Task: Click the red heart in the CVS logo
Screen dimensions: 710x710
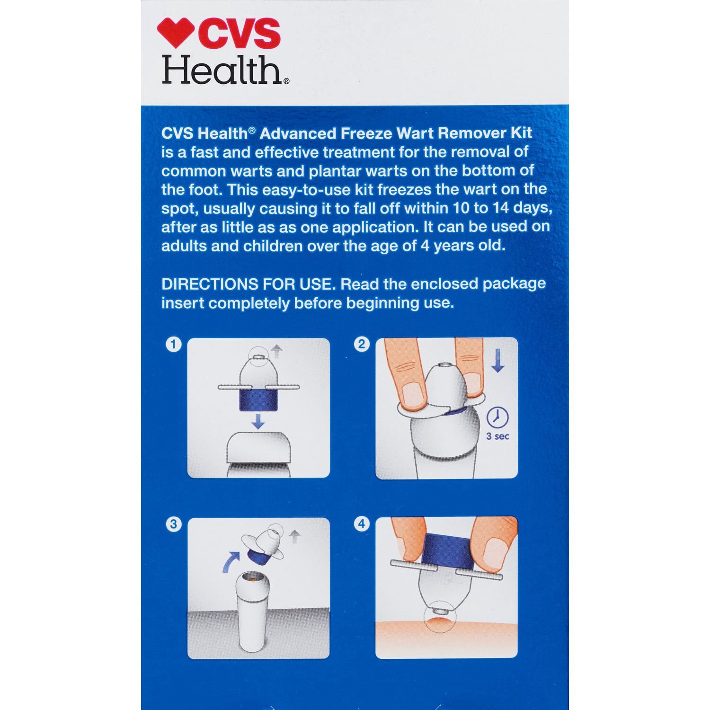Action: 176,33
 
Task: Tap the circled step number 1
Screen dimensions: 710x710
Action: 173,344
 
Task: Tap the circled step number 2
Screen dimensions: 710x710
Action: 362,344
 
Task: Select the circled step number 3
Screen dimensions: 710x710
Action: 173,524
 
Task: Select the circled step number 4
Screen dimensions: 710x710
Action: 362,524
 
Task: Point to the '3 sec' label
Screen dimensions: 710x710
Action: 497,436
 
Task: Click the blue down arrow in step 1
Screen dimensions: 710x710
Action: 257,421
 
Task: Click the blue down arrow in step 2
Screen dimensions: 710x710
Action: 497,362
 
